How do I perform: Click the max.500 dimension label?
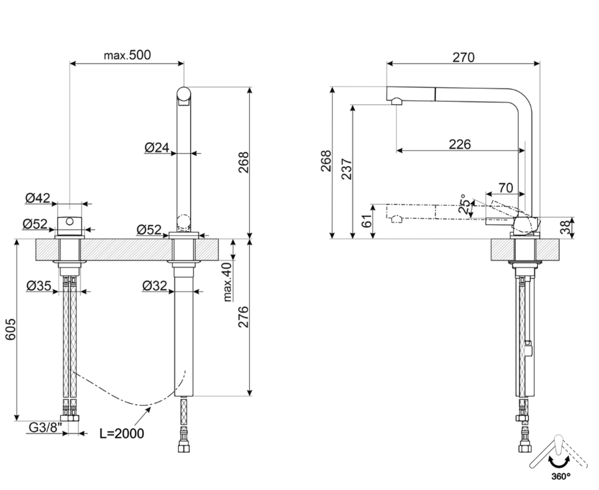point(127,55)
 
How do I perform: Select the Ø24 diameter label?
point(157,146)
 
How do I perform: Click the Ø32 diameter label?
point(155,285)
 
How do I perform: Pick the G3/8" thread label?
point(45,428)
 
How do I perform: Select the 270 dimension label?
point(463,57)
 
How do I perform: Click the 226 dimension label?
point(459,144)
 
